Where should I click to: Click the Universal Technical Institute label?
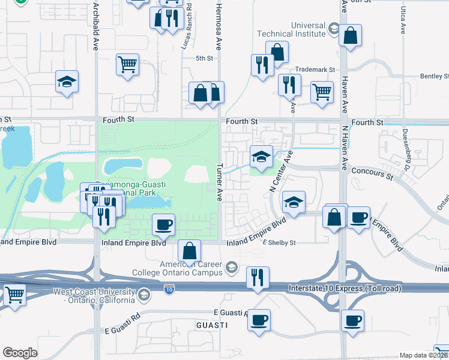point(291,29)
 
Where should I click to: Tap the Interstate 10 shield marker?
point(170,289)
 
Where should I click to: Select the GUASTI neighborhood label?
point(211,325)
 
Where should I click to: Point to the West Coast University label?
point(92,296)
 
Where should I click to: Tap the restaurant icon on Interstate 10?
point(258,278)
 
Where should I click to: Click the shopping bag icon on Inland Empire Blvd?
point(190,252)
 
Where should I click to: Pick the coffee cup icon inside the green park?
point(164,225)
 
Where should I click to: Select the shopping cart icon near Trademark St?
point(322,92)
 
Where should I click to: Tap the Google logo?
point(20,352)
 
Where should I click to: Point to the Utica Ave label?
point(403,21)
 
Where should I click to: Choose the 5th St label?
point(205,58)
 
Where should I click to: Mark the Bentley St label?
point(434,76)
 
